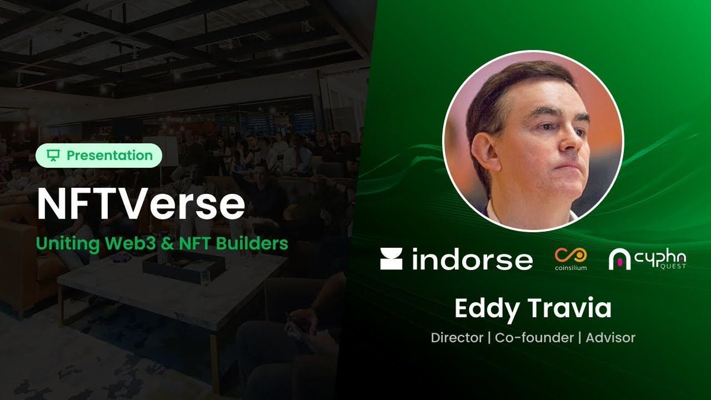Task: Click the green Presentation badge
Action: pyautogui.click(x=98, y=155)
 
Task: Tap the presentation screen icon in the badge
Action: pyautogui.click(x=54, y=155)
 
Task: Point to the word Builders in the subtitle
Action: pyautogui.click(x=256, y=243)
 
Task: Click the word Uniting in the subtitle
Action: pyautogui.click(x=60, y=243)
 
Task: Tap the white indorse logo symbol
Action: pyautogui.click(x=391, y=260)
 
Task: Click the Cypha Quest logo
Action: pyautogui.click(x=648, y=259)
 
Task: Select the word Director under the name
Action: pyautogui.click(x=456, y=338)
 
